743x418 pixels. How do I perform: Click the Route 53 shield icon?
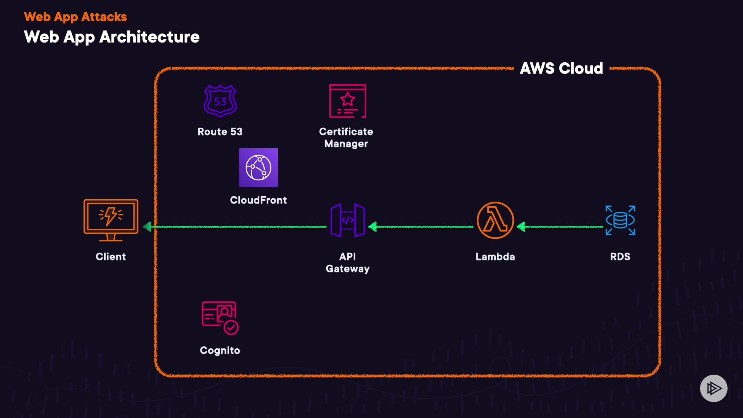(220, 101)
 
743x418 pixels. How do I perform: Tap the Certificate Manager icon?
(348, 101)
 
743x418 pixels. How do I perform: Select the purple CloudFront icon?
(259, 168)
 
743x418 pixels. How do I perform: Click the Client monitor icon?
(111, 220)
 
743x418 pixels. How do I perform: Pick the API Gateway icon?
(348, 220)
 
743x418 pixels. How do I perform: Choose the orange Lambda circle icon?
(495, 220)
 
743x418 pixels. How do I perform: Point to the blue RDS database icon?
(620, 220)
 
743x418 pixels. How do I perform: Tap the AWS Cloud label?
(561, 69)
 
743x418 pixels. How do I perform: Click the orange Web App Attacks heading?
(75, 17)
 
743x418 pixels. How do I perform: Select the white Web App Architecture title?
(111, 37)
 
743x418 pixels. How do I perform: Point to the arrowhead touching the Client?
(147, 227)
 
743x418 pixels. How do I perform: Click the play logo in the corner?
(714, 388)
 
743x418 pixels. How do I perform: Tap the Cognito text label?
(220, 351)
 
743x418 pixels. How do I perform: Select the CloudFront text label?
(259, 200)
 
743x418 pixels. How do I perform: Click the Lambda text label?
(495, 257)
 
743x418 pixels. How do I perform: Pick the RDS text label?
(620, 257)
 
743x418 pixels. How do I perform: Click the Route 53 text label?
(220, 132)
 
